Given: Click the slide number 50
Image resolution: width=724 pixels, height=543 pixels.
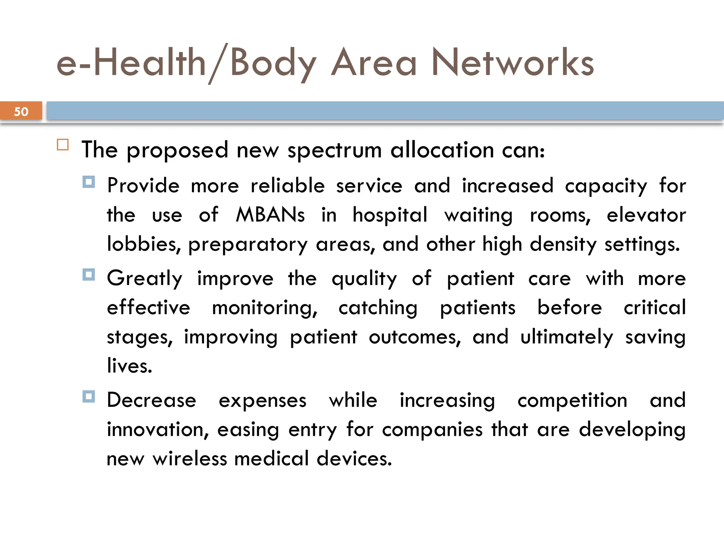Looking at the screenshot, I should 21,112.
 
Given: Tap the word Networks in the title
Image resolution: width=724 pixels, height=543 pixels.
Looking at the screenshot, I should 513,63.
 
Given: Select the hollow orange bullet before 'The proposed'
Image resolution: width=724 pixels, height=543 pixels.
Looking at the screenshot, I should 63,145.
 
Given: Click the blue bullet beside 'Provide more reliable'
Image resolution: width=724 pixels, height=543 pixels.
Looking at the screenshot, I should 89,182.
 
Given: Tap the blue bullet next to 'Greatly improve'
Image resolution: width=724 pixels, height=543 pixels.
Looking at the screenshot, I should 89,275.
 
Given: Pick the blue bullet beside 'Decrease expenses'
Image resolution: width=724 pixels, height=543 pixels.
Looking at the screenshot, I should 89,396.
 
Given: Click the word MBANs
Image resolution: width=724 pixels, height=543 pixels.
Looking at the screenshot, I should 270,215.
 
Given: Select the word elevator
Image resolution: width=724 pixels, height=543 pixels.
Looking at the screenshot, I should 646,215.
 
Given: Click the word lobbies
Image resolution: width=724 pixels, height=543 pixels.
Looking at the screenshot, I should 144,244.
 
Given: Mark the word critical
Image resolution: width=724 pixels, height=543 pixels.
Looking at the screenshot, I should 655,307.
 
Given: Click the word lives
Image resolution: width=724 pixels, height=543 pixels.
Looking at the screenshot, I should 129,366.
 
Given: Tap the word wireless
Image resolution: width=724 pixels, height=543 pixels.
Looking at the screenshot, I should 190,459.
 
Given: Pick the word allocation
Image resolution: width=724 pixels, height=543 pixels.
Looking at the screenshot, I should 442,150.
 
